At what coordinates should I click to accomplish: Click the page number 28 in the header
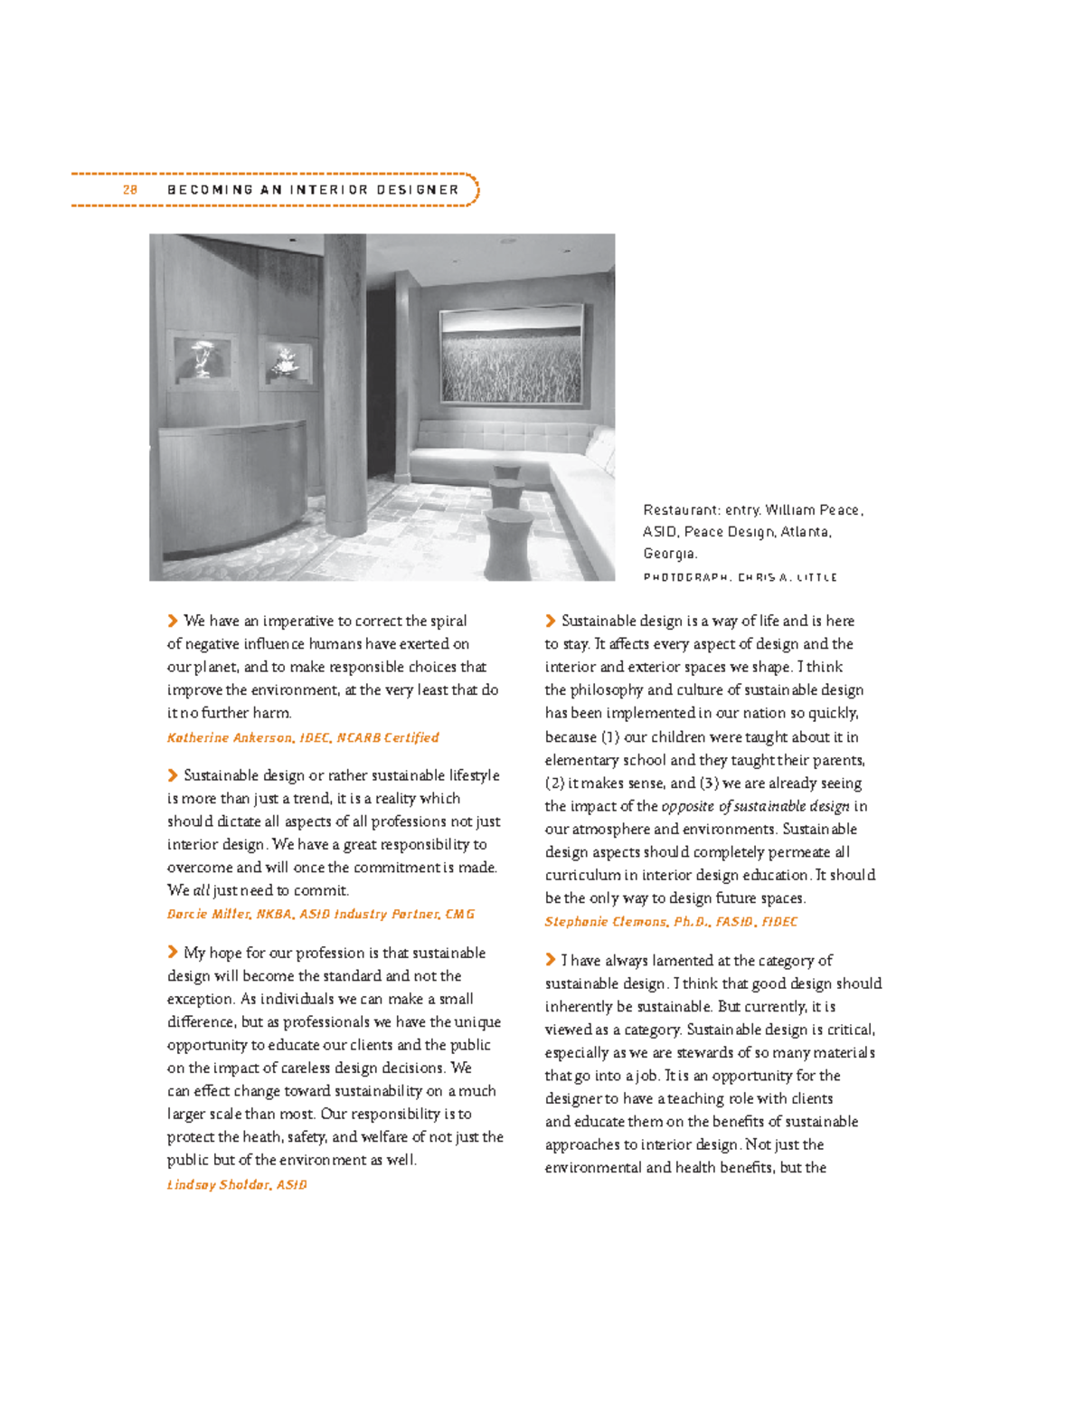130,190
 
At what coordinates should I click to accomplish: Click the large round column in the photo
344,380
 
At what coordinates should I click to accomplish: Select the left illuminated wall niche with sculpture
202,359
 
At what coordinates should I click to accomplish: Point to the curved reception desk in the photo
239,479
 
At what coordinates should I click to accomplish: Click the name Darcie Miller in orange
208,915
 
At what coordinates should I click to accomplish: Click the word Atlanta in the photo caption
805,532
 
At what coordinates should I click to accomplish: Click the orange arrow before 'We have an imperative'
173,621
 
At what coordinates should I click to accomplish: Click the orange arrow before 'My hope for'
173,952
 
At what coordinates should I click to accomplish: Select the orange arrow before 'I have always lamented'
551,959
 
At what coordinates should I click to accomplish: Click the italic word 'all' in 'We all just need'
202,890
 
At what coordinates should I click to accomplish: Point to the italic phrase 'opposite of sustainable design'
756,806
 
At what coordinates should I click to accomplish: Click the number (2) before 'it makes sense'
554,783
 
